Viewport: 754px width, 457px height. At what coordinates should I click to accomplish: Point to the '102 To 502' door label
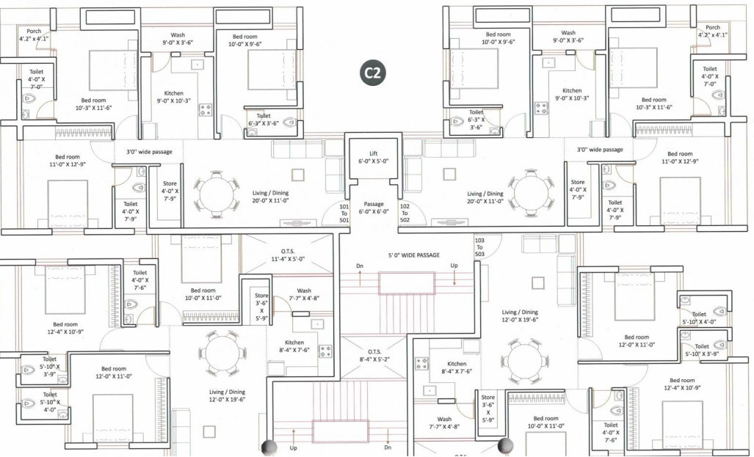click(x=404, y=212)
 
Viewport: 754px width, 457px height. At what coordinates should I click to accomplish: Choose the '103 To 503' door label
click(x=480, y=247)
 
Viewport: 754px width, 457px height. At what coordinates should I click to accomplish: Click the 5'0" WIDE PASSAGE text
click(x=413, y=255)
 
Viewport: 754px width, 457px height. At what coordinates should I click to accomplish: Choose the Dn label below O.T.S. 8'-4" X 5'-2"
click(x=388, y=447)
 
